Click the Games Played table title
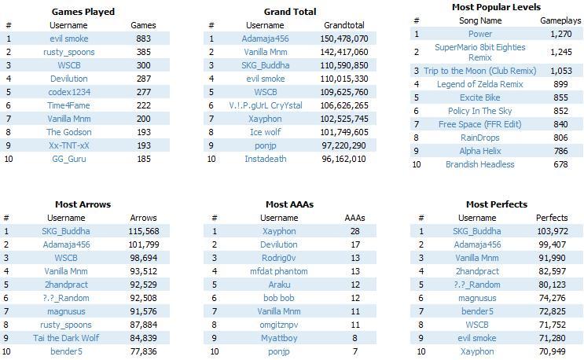coord(83,12)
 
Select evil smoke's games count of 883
coord(143,39)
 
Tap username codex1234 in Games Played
coord(69,92)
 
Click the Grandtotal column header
coord(344,25)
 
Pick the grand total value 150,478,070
coord(344,39)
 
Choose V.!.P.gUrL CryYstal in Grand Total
coord(266,105)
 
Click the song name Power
coord(480,34)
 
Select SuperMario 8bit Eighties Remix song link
coord(480,52)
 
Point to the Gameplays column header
coord(560,20)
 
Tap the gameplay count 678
coord(560,164)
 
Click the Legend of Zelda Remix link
coord(480,85)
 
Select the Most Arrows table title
coord(83,204)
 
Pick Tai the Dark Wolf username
coord(66,338)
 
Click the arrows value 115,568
coord(144,231)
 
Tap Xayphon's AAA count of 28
coord(355,231)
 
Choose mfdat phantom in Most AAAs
coord(279,271)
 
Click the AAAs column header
coord(355,218)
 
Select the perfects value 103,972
coord(553,231)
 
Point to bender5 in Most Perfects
coord(477,311)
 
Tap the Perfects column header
coord(552,218)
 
